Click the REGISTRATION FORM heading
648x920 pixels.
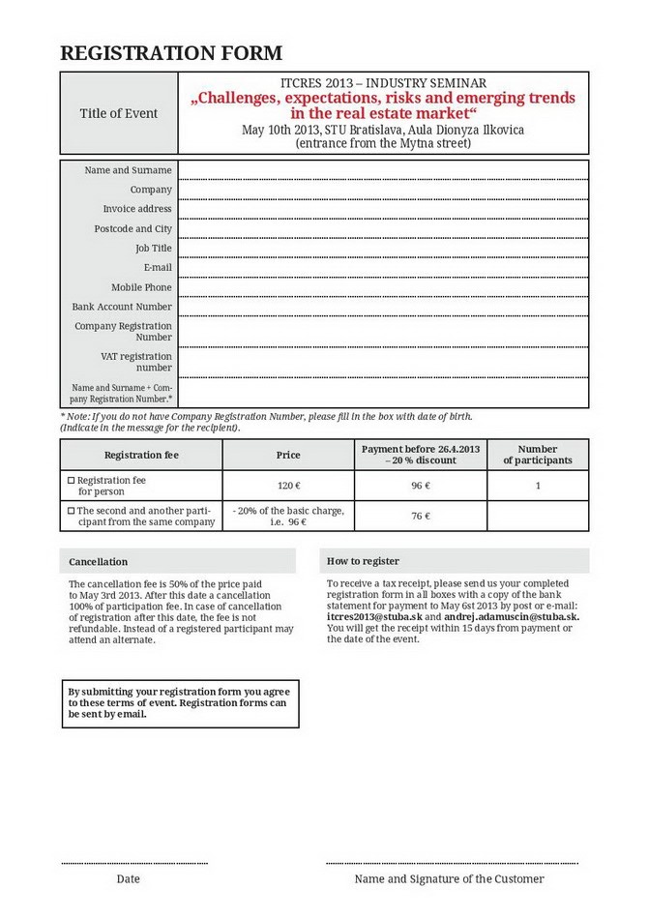pyautogui.click(x=171, y=53)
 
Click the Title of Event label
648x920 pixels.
pyautogui.click(x=118, y=113)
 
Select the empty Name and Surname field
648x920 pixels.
pyautogui.click(x=383, y=170)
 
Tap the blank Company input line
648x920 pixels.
pyautogui.click(x=383, y=190)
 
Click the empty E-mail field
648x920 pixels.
pyautogui.click(x=383, y=267)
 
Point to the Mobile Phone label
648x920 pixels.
pyautogui.click(x=141, y=287)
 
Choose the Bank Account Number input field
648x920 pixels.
pyautogui.click(x=383, y=307)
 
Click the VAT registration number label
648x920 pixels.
pyautogui.click(x=136, y=362)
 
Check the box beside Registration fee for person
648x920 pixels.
pyautogui.click(x=71, y=480)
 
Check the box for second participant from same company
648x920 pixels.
pyautogui.click(x=71, y=510)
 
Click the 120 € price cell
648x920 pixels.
pyautogui.click(x=288, y=486)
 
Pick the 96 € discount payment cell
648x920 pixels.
pyautogui.click(x=421, y=486)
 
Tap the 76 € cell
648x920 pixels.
pyautogui.click(x=421, y=516)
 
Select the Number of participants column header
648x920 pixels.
pyautogui.click(x=537, y=455)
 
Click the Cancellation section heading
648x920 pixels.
pyautogui.click(x=98, y=561)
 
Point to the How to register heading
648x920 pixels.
pyautogui.click(x=363, y=561)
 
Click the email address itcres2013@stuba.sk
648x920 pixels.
pyautogui.click(x=374, y=616)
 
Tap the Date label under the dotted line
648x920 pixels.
pyautogui.click(x=128, y=879)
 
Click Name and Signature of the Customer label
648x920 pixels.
pyautogui.click(x=449, y=879)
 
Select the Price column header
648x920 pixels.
pyautogui.click(x=288, y=455)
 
